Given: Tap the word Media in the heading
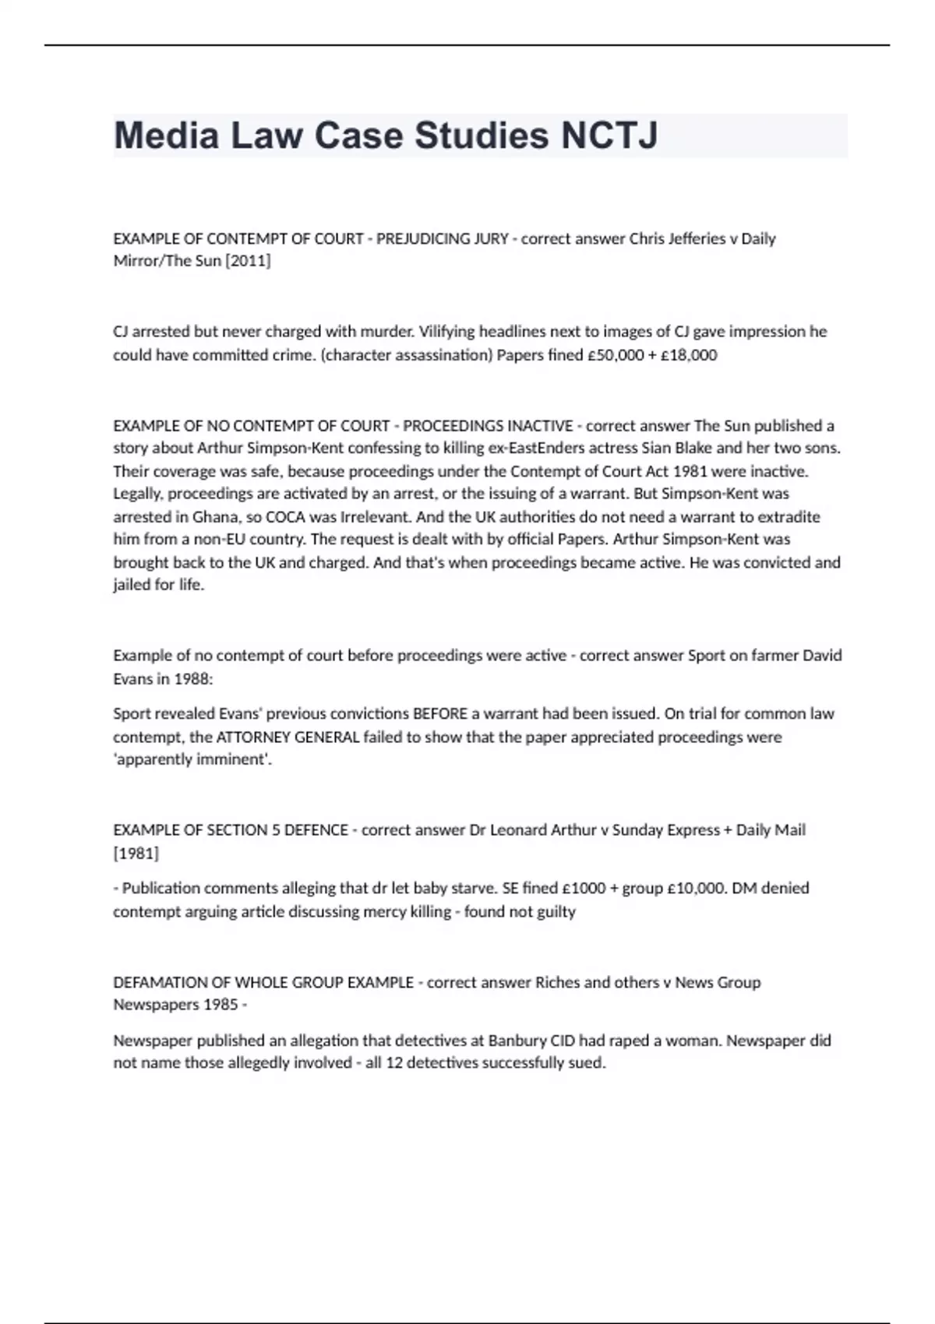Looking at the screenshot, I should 166,136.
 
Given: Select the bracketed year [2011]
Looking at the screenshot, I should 248,261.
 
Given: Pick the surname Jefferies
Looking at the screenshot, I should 697,238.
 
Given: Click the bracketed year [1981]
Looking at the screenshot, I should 136,854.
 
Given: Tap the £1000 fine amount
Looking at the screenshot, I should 583,888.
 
